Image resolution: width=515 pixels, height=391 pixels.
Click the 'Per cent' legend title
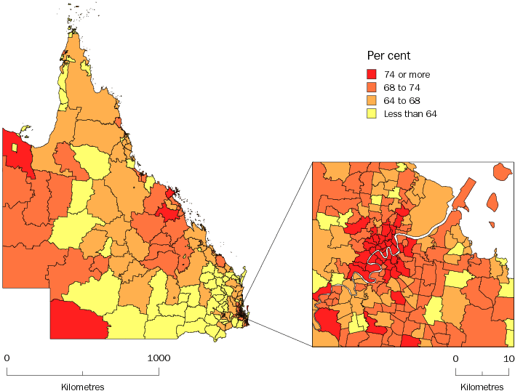pyautogui.click(x=388, y=56)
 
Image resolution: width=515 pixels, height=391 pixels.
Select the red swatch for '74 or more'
pyautogui.click(x=371, y=74)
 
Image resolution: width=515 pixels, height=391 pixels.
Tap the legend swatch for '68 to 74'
pyautogui.click(x=371, y=87)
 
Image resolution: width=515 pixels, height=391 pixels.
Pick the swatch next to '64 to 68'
pyautogui.click(x=371, y=100)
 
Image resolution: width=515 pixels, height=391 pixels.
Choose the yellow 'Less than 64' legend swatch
pyautogui.click(x=371, y=113)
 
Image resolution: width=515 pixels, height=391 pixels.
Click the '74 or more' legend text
pyautogui.click(x=407, y=74)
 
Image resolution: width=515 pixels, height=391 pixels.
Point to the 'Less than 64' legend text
pyautogui.click(x=410, y=113)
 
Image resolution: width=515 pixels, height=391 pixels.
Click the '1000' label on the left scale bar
pyautogui.click(x=159, y=358)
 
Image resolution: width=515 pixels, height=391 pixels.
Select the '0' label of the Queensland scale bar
pyautogui.click(x=7, y=358)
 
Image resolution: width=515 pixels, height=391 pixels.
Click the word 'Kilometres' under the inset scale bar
pyautogui.click(x=482, y=387)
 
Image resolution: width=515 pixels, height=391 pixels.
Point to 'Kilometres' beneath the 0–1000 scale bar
pyautogui.click(x=82, y=387)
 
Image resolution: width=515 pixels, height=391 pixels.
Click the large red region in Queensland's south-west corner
pyautogui.click(x=76, y=316)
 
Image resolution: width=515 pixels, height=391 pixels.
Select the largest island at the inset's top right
pyautogui.click(x=501, y=172)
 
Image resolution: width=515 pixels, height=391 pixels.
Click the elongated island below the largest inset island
pyautogui.click(x=493, y=201)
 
